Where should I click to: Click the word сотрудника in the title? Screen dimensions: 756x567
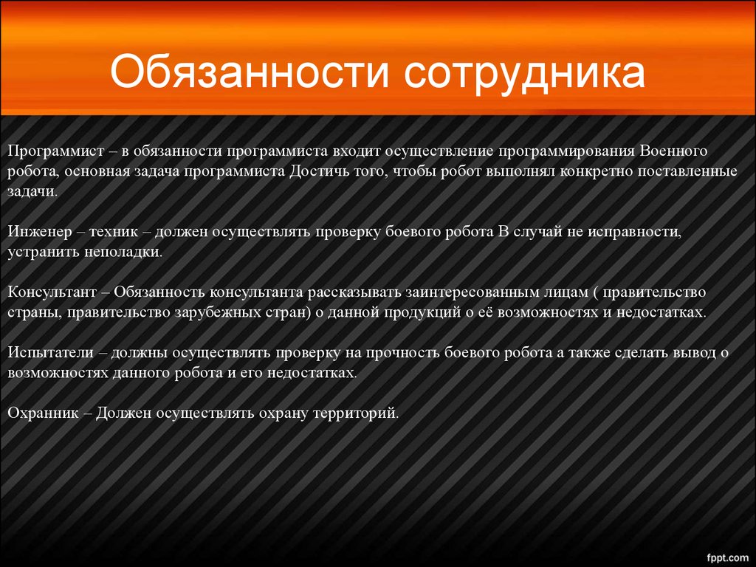click(x=524, y=73)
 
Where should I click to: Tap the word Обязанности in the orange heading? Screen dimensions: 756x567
click(x=249, y=72)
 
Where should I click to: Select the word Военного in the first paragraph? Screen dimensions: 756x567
click(x=673, y=151)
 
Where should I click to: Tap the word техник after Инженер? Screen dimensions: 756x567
click(x=113, y=233)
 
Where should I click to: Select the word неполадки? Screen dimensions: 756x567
click(x=123, y=252)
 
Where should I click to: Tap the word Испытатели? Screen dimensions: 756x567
click(x=51, y=352)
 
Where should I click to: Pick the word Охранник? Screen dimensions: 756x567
click(x=43, y=413)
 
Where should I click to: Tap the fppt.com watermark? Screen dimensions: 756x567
click(x=727, y=558)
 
